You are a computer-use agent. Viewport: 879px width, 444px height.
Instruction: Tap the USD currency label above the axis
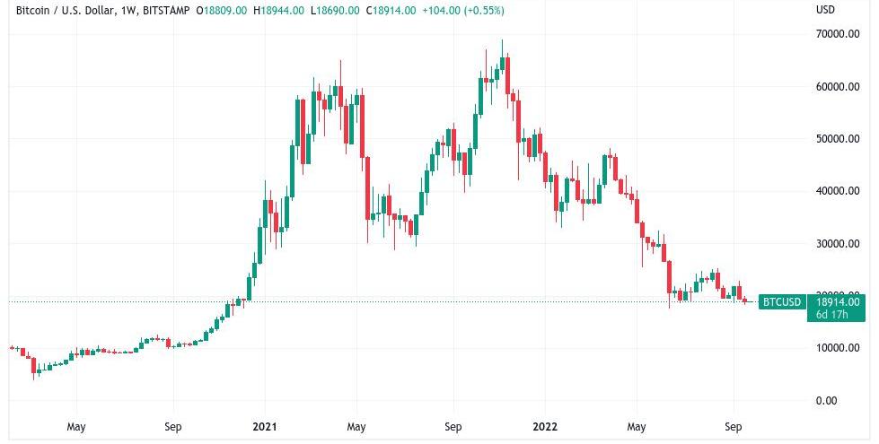[x=825, y=11]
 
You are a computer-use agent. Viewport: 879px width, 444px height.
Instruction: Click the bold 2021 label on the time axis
[x=264, y=427]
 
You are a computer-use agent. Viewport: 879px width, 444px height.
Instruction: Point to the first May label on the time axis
[x=75, y=427]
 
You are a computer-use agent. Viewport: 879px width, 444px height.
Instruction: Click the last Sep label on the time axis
[x=733, y=427]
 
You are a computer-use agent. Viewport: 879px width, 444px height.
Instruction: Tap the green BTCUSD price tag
[x=780, y=302]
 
